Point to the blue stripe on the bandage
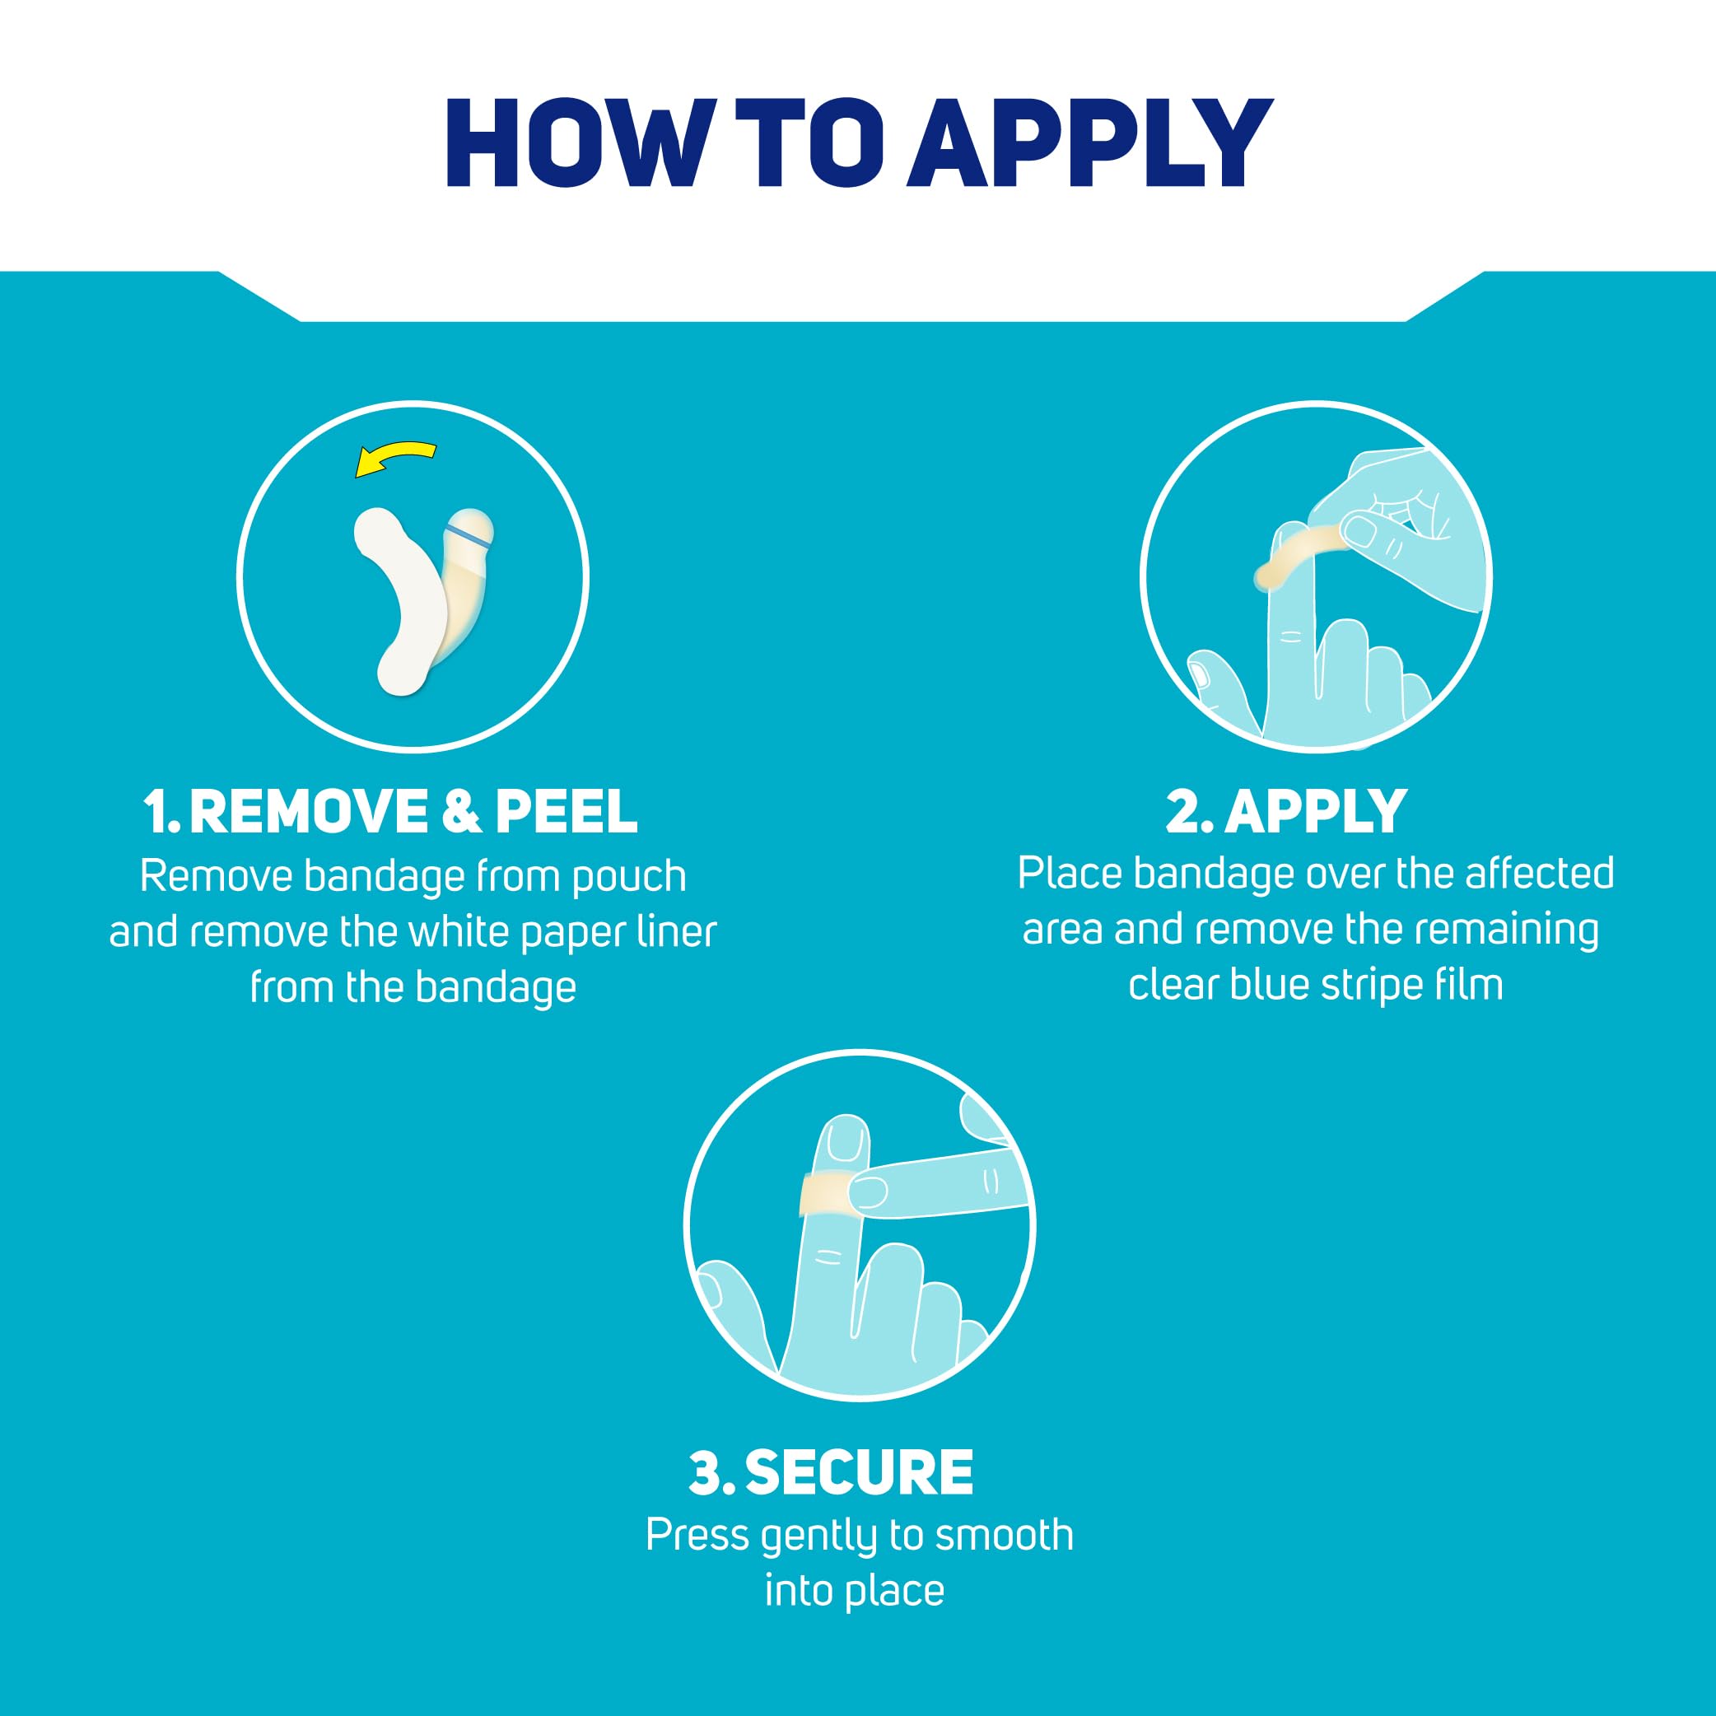(468, 532)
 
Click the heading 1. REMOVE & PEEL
(391, 812)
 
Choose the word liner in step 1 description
(677, 932)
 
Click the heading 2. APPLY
(1286, 812)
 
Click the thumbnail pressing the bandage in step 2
(1359, 531)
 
